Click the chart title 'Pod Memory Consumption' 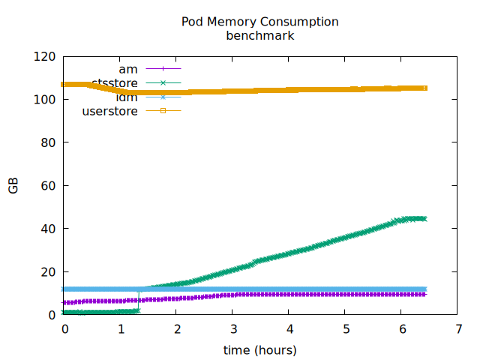(259, 22)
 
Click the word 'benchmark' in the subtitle (259, 35)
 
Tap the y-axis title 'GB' (13, 186)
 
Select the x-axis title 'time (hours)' (259, 350)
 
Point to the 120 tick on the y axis (46, 56)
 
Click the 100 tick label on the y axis (46, 100)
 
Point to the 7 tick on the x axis (457, 329)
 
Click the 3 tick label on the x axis (233, 329)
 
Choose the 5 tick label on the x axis (346, 329)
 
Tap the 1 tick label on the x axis (121, 329)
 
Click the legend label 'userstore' (109, 112)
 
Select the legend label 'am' (128, 69)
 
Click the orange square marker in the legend (163, 112)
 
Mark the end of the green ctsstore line (424, 219)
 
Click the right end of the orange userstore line (424, 88)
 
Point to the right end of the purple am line (424, 294)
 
